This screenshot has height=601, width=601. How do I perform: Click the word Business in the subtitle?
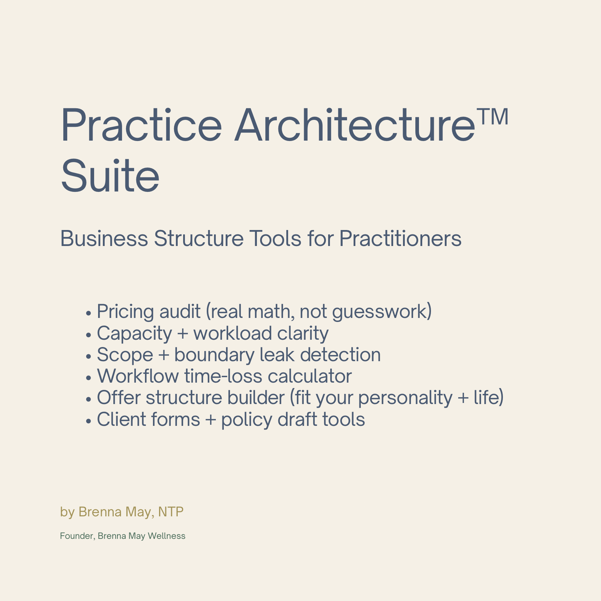coord(104,239)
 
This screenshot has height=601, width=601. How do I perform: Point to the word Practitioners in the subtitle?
coord(400,239)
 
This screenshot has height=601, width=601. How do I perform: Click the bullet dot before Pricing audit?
coord(88,313)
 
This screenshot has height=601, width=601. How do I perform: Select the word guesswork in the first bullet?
coord(380,312)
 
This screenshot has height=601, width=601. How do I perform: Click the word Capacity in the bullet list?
coord(134,334)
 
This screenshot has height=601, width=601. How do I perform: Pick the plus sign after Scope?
coord(164,355)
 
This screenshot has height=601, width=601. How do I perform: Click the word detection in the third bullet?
coord(340,355)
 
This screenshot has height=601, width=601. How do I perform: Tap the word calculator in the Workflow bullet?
coord(310,376)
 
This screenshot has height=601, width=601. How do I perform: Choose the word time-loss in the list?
coord(223,376)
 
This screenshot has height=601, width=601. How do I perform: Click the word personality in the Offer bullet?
coord(405,398)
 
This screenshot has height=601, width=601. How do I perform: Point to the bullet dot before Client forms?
coord(88,421)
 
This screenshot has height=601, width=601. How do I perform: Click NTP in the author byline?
coord(171,512)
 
